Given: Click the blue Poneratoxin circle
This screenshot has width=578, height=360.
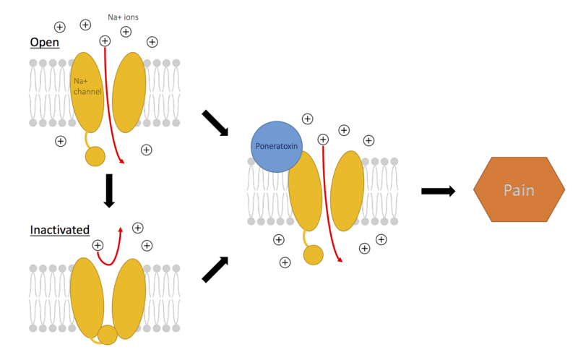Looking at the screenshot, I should pos(275,147).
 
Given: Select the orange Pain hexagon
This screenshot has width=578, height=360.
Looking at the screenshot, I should pos(519,190).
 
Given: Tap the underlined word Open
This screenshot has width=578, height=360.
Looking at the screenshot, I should pos(44,43).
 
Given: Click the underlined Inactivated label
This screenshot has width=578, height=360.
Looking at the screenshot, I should pos(60,231).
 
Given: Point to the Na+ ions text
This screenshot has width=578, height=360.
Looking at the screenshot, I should pos(134,16).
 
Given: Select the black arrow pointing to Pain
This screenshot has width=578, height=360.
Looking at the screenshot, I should pos(438,191).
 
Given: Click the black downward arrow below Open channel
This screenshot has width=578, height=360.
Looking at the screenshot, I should pos(109,189).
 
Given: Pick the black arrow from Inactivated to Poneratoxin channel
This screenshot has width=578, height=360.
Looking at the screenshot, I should pos(215,269).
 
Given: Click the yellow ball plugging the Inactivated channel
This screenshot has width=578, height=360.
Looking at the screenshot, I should pos(108,335).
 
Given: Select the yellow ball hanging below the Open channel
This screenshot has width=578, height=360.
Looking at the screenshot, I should pos(95,155).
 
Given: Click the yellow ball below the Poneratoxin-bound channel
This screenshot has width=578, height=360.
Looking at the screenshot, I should pos(313,254).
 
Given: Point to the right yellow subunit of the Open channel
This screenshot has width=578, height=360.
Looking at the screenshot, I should pos(129,91).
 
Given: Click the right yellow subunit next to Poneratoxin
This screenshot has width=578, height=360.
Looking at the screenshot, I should pos(348,190).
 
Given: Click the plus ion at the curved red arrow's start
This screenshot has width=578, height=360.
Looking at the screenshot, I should pos(98,246).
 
